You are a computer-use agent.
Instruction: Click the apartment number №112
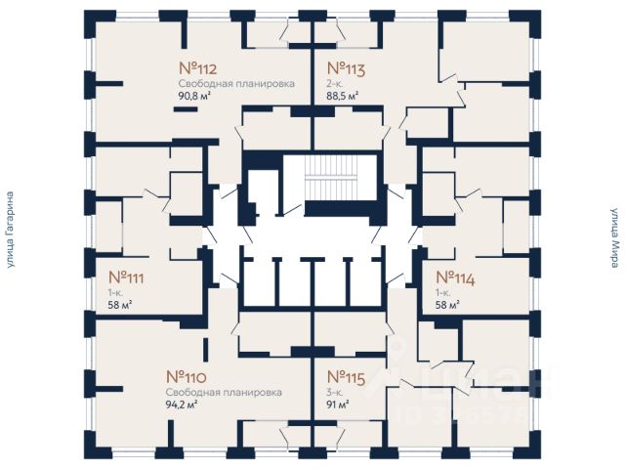pyautogui.click(x=197, y=68)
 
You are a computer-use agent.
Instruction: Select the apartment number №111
pyautogui.click(x=126, y=277)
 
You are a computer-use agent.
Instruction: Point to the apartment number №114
pyautogui.click(x=454, y=277)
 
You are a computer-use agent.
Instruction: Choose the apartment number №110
pyautogui.click(x=185, y=376)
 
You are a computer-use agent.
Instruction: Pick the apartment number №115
pyautogui.click(x=345, y=376)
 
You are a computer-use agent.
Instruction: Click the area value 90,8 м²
pyautogui.click(x=193, y=96)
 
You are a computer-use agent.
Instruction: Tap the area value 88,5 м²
pyautogui.click(x=343, y=96)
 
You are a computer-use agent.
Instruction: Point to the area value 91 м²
pyautogui.click(x=337, y=403)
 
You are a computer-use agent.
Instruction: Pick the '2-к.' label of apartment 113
pyautogui.click(x=332, y=84)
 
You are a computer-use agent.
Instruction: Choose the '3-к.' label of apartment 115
pyautogui.click(x=332, y=391)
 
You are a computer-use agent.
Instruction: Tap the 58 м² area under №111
pyautogui.click(x=120, y=305)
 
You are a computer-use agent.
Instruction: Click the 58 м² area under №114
pyautogui.click(x=448, y=305)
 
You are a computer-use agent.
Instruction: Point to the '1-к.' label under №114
pyautogui.click(x=442, y=292)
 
